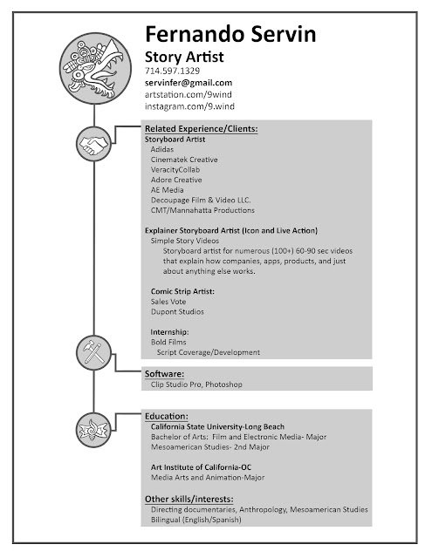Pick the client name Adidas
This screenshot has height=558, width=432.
(163, 149)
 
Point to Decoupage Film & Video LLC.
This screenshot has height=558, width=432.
(201, 199)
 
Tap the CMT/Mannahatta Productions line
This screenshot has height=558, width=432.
(202, 210)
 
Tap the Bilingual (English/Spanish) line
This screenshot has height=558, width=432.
(195, 520)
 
